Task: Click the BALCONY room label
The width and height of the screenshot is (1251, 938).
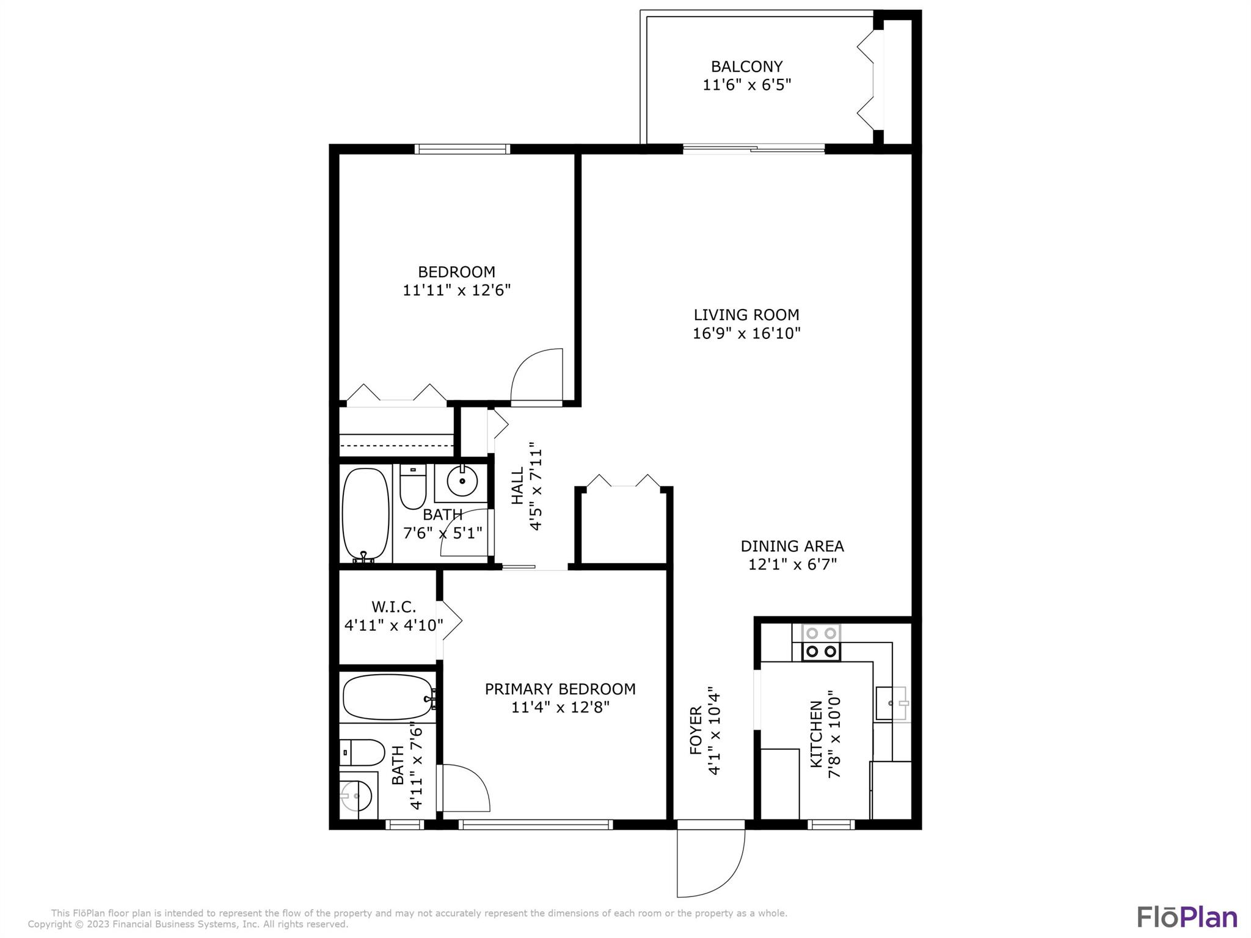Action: [746, 66]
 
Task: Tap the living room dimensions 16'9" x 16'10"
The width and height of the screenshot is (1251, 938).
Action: [746, 333]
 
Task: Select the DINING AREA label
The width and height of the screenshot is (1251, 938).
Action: [792, 546]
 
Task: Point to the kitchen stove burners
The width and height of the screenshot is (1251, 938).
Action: [821, 642]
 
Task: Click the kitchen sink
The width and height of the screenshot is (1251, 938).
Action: [892, 703]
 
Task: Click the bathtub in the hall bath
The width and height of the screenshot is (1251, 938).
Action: [365, 514]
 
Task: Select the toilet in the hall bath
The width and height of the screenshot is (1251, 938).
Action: [413, 486]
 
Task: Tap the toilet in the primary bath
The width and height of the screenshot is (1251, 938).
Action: [362, 752]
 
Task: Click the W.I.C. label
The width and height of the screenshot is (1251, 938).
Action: [393, 607]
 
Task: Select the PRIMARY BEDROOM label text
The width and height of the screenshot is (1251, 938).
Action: [560, 689]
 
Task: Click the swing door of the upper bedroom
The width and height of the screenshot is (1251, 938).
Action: [536, 376]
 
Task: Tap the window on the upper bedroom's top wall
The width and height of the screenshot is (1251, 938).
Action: [462, 148]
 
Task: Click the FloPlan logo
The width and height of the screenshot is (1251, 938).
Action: [1187, 917]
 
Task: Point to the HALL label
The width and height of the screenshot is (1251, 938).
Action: [517, 486]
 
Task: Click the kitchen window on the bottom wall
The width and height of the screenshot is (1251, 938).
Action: [831, 824]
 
